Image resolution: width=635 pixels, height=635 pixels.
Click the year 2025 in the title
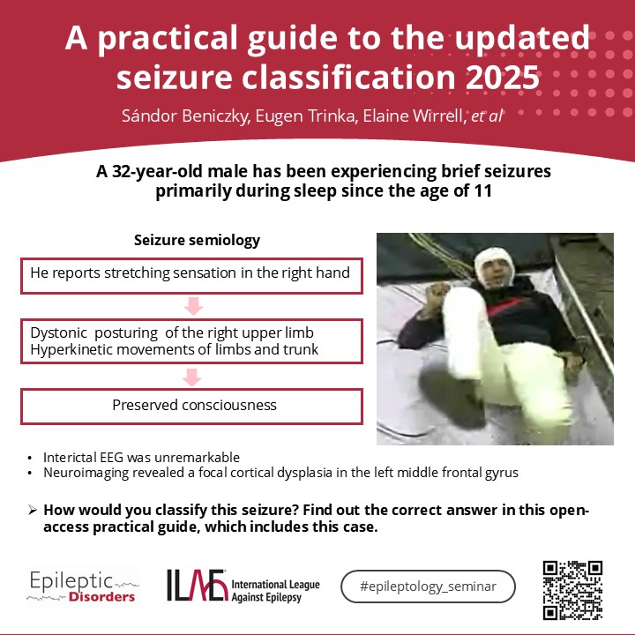pyautogui.click(x=502, y=78)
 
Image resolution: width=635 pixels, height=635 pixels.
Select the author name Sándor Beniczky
pyautogui.click(x=185, y=116)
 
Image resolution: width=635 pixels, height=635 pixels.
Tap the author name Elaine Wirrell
pyautogui.click(x=414, y=116)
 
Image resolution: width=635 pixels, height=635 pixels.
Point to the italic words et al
pyautogui.click(x=487, y=116)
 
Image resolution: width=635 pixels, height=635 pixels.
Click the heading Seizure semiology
pyautogui.click(x=197, y=240)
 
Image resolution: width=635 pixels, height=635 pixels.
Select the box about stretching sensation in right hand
pyautogui.click(x=191, y=276)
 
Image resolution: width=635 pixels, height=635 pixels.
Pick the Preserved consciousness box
pyautogui.click(x=191, y=407)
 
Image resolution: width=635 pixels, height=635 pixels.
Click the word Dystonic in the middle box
pyautogui.click(x=58, y=332)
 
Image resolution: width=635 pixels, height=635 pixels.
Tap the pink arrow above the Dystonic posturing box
pyautogui.click(x=193, y=306)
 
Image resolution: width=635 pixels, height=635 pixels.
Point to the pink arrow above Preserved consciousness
pyautogui.click(x=191, y=377)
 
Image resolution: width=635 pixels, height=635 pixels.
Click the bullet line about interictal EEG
pyautogui.click(x=141, y=457)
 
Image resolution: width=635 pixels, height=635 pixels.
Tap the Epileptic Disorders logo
pyautogui.click(x=83, y=586)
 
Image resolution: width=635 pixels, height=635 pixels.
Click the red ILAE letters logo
pyautogui.click(x=198, y=586)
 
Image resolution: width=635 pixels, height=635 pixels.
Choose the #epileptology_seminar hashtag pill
pyautogui.click(x=428, y=586)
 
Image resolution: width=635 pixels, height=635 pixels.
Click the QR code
pyautogui.click(x=572, y=590)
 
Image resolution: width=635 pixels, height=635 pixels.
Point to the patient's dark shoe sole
pyautogui.click(x=452, y=397)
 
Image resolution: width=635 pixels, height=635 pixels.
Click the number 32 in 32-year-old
pyautogui.click(x=122, y=172)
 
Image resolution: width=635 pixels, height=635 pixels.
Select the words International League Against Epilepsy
pyautogui.click(x=275, y=591)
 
